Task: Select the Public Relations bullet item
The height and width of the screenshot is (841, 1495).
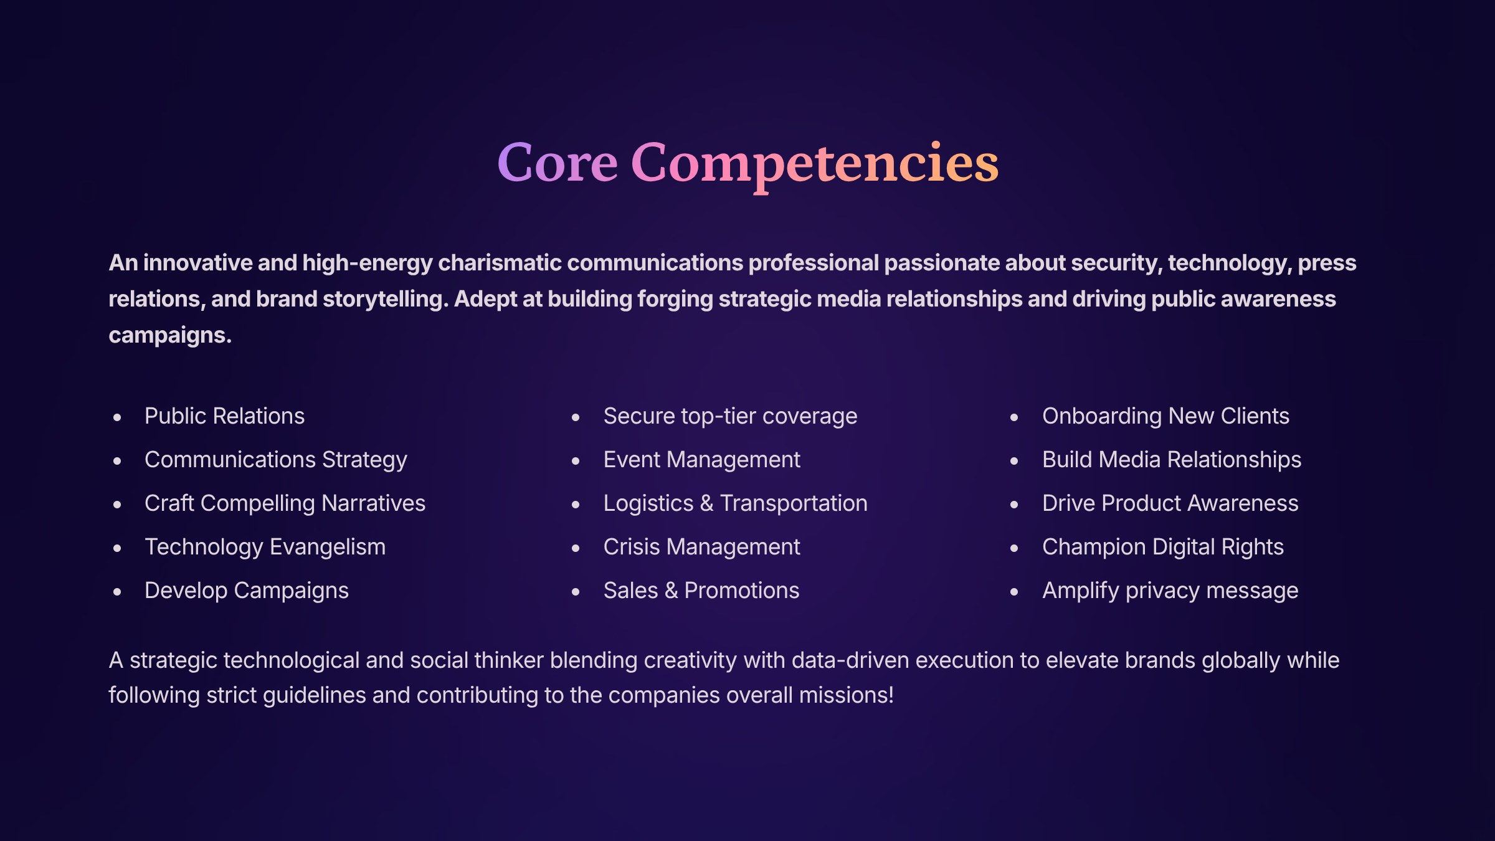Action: (224, 416)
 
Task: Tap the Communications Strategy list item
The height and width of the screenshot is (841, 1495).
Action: (276, 460)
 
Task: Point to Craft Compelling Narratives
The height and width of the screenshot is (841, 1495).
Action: (285, 503)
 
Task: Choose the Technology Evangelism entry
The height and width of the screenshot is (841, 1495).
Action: (265, 548)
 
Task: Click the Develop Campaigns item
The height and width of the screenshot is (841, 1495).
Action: (247, 591)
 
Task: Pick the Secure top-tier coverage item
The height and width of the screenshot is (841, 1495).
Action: (730, 417)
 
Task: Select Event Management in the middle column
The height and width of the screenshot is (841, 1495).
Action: (701, 460)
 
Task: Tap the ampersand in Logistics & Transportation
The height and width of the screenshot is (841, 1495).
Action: (706, 503)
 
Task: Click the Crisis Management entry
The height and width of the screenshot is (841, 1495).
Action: (701, 548)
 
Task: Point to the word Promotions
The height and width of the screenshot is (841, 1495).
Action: (741, 591)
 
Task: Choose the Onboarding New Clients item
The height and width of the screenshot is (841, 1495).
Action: (1165, 417)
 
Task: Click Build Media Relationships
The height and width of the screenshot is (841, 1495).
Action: (1172, 460)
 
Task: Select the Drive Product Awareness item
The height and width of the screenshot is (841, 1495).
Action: (1170, 503)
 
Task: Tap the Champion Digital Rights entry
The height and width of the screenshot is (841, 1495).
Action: (1163, 548)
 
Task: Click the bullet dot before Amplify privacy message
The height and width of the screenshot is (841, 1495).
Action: (1014, 592)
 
